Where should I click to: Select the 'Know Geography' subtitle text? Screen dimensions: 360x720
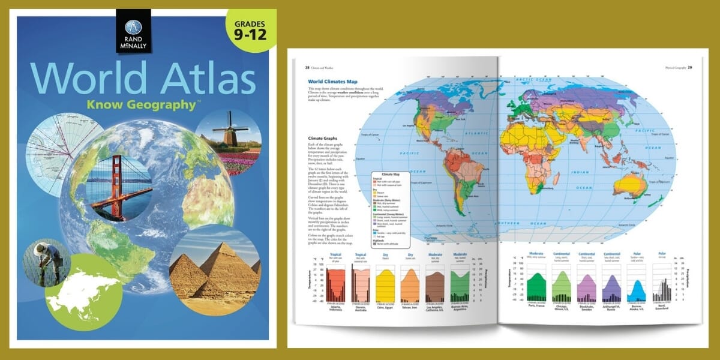pos(143,105)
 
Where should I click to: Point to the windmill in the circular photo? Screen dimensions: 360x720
pos(228,129)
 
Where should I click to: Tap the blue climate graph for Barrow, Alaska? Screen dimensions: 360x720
pos(638,286)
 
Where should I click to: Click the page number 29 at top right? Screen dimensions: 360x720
pos(690,67)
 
